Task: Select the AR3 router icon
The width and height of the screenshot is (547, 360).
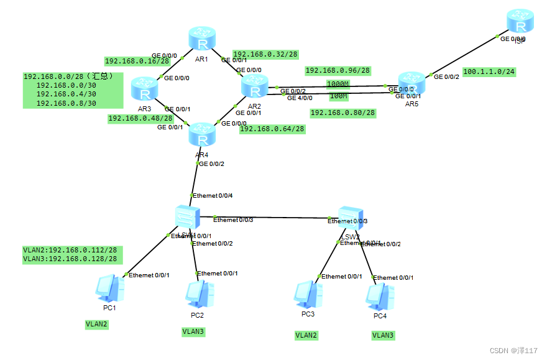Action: (145, 91)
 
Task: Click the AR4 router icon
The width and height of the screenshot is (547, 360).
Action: (201, 133)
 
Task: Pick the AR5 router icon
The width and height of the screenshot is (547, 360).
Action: (411, 81)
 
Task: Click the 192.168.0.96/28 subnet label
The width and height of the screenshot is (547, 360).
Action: (338, 70)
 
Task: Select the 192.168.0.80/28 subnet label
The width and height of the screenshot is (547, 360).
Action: (342, 113)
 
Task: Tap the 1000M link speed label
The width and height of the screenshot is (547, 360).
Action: (338, 83)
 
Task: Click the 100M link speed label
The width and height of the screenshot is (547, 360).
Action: (338, 96)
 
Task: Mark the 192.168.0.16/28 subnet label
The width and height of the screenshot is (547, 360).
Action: (137, 61)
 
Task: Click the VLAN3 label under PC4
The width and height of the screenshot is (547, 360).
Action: (383, 335)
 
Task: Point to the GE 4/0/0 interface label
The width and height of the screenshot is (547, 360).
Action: (300, 98)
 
